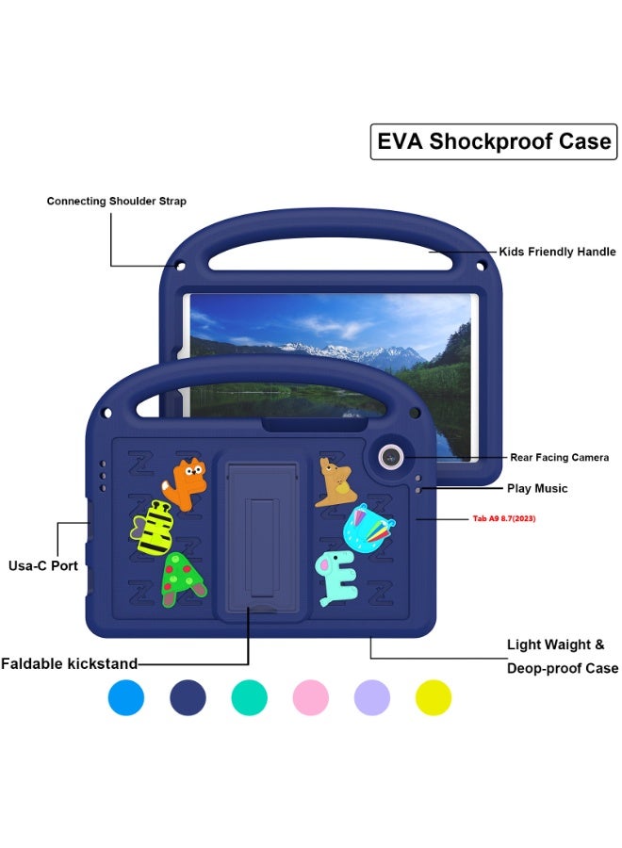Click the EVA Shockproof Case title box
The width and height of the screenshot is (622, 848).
tap(493, 142)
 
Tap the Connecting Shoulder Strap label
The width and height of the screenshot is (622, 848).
tap(117, 202)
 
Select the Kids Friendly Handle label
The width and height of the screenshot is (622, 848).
tap(558, 252)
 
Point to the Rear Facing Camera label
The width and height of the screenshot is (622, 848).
tap(560, 458)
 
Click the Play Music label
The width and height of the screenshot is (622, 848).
tap(537, 489)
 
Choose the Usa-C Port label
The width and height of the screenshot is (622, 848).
tap(44, 565)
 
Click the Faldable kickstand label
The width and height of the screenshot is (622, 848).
tap(70, 663)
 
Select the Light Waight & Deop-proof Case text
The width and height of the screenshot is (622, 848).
tap(563, 657)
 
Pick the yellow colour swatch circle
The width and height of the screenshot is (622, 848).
tap(434, 698)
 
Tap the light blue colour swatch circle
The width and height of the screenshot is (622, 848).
tap(126, 698)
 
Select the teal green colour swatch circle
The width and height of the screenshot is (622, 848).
tap(250, 698)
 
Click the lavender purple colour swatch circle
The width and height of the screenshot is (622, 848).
tap(372, 698)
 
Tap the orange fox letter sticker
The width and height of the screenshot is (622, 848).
tap(188, 482)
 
